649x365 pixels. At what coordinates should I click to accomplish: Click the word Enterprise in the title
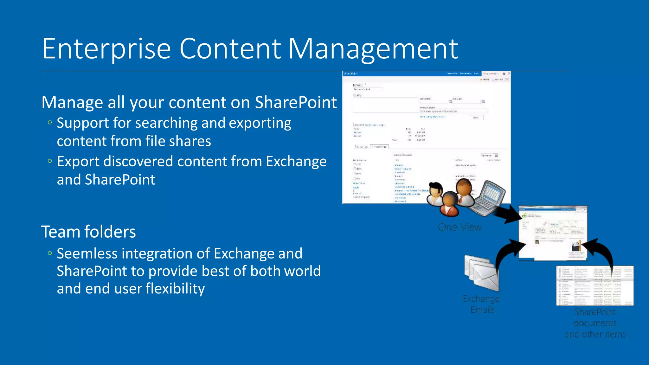[106, 49]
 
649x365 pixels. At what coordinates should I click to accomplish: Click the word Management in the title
[373, 49]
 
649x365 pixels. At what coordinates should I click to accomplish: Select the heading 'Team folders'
[88, 232]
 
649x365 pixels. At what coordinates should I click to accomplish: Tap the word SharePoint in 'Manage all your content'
[296, 102]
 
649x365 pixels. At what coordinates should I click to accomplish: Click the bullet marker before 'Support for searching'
[49, 123]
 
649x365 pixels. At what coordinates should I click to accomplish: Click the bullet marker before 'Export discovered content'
[49, 161]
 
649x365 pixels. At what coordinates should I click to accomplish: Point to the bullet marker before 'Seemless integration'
[49, 253]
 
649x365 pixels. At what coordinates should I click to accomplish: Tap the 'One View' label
[459, 227]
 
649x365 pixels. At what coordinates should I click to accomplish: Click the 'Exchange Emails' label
[481, 304]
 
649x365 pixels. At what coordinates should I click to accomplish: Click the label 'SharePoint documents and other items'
[595, 323]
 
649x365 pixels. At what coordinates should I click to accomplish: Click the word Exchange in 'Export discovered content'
[296, 162]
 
